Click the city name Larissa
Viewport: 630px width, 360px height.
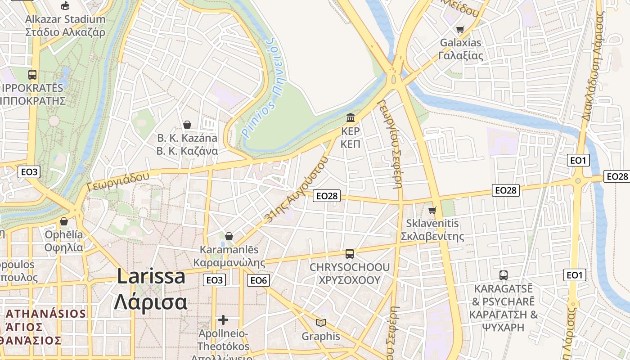151,276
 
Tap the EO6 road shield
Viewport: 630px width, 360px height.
259,280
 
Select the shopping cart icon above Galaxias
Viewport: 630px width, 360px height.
460,30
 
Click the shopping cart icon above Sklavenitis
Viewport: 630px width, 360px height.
432,210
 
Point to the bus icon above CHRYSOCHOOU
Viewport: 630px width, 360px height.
350,254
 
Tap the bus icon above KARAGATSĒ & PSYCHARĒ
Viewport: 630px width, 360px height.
504,275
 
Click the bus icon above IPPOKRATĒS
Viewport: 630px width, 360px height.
32,75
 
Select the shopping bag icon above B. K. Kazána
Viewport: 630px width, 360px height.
187,125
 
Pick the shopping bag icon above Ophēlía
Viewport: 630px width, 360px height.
64,221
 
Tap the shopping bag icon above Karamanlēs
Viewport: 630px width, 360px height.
229,236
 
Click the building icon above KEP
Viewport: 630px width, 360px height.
351,118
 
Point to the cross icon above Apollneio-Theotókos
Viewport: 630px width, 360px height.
223,320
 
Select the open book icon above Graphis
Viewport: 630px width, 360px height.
321,323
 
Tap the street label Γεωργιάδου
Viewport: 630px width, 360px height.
118,181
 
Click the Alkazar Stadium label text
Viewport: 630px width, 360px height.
65,19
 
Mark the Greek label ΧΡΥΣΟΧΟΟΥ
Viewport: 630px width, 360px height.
350,280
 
